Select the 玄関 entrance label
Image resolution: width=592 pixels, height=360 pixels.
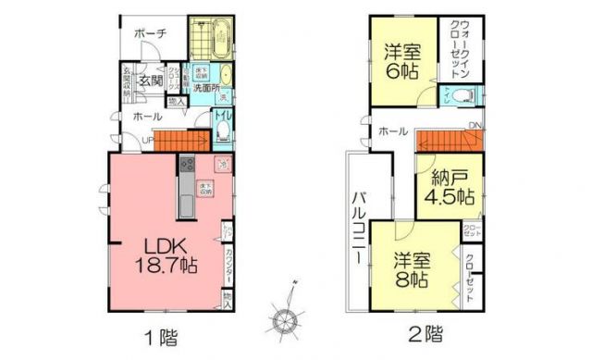[x=151, y=80]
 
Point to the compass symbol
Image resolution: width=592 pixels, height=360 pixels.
[x=285, y=317]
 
